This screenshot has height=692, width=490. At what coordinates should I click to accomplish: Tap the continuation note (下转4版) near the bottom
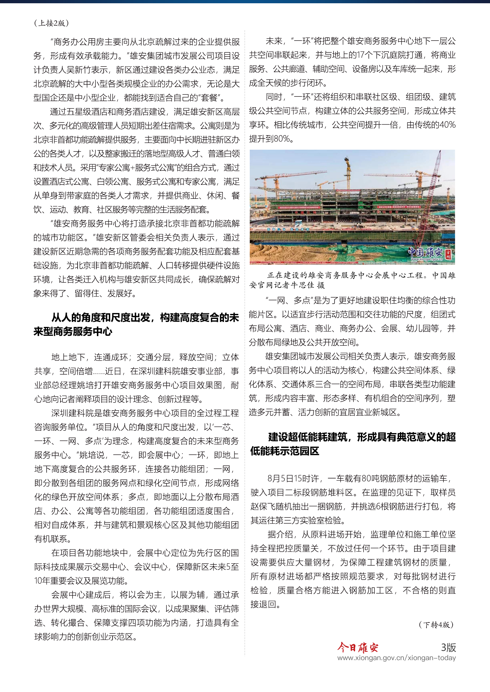436,625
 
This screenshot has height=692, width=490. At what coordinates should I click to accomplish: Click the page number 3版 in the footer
448,647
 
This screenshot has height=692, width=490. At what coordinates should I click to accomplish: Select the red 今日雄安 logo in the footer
358,647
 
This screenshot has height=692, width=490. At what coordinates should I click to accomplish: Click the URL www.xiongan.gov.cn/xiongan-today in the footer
396,658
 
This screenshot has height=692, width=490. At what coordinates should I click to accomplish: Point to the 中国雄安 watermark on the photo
426,253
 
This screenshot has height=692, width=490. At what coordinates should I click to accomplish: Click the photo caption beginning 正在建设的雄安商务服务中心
352,280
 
